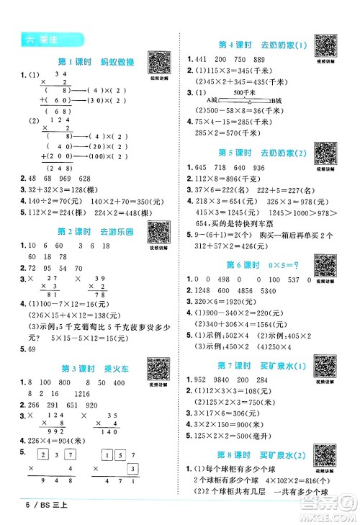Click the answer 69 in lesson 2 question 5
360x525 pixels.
point(30,349)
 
